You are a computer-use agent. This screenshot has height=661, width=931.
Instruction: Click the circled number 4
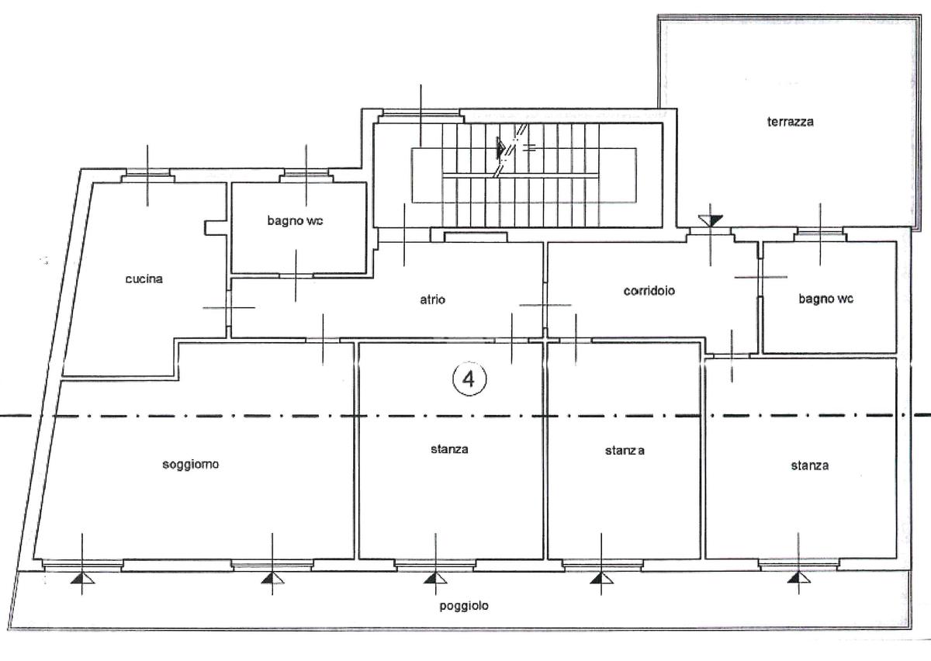[469, 379]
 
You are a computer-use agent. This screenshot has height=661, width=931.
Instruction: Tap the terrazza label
[790, 122]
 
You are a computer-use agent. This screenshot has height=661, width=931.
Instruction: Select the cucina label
[144, 279]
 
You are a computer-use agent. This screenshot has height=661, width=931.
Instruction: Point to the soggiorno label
[190, 465]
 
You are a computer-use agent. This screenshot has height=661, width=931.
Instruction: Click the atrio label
[432, 299]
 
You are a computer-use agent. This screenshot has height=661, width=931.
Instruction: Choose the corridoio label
[649, 291]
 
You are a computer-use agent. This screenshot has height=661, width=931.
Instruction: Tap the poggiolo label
[464, 606]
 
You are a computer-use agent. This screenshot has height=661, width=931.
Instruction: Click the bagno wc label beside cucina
[295, 221]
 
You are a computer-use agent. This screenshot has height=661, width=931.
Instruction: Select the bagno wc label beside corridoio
[825, 299]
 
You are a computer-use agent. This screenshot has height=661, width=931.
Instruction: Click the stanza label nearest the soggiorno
[449, 449]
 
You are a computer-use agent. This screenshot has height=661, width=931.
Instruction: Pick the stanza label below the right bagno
[810, 465]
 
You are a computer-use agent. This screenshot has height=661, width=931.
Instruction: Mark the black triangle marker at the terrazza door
[711, 220]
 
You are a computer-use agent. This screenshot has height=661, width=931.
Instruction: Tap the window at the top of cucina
[148, 175]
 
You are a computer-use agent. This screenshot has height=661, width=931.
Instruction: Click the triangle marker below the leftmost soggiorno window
[82, 578]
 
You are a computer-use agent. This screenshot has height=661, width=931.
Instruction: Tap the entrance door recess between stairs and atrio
[476, 237]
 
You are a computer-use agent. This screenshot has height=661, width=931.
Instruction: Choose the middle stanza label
[625, 451]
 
